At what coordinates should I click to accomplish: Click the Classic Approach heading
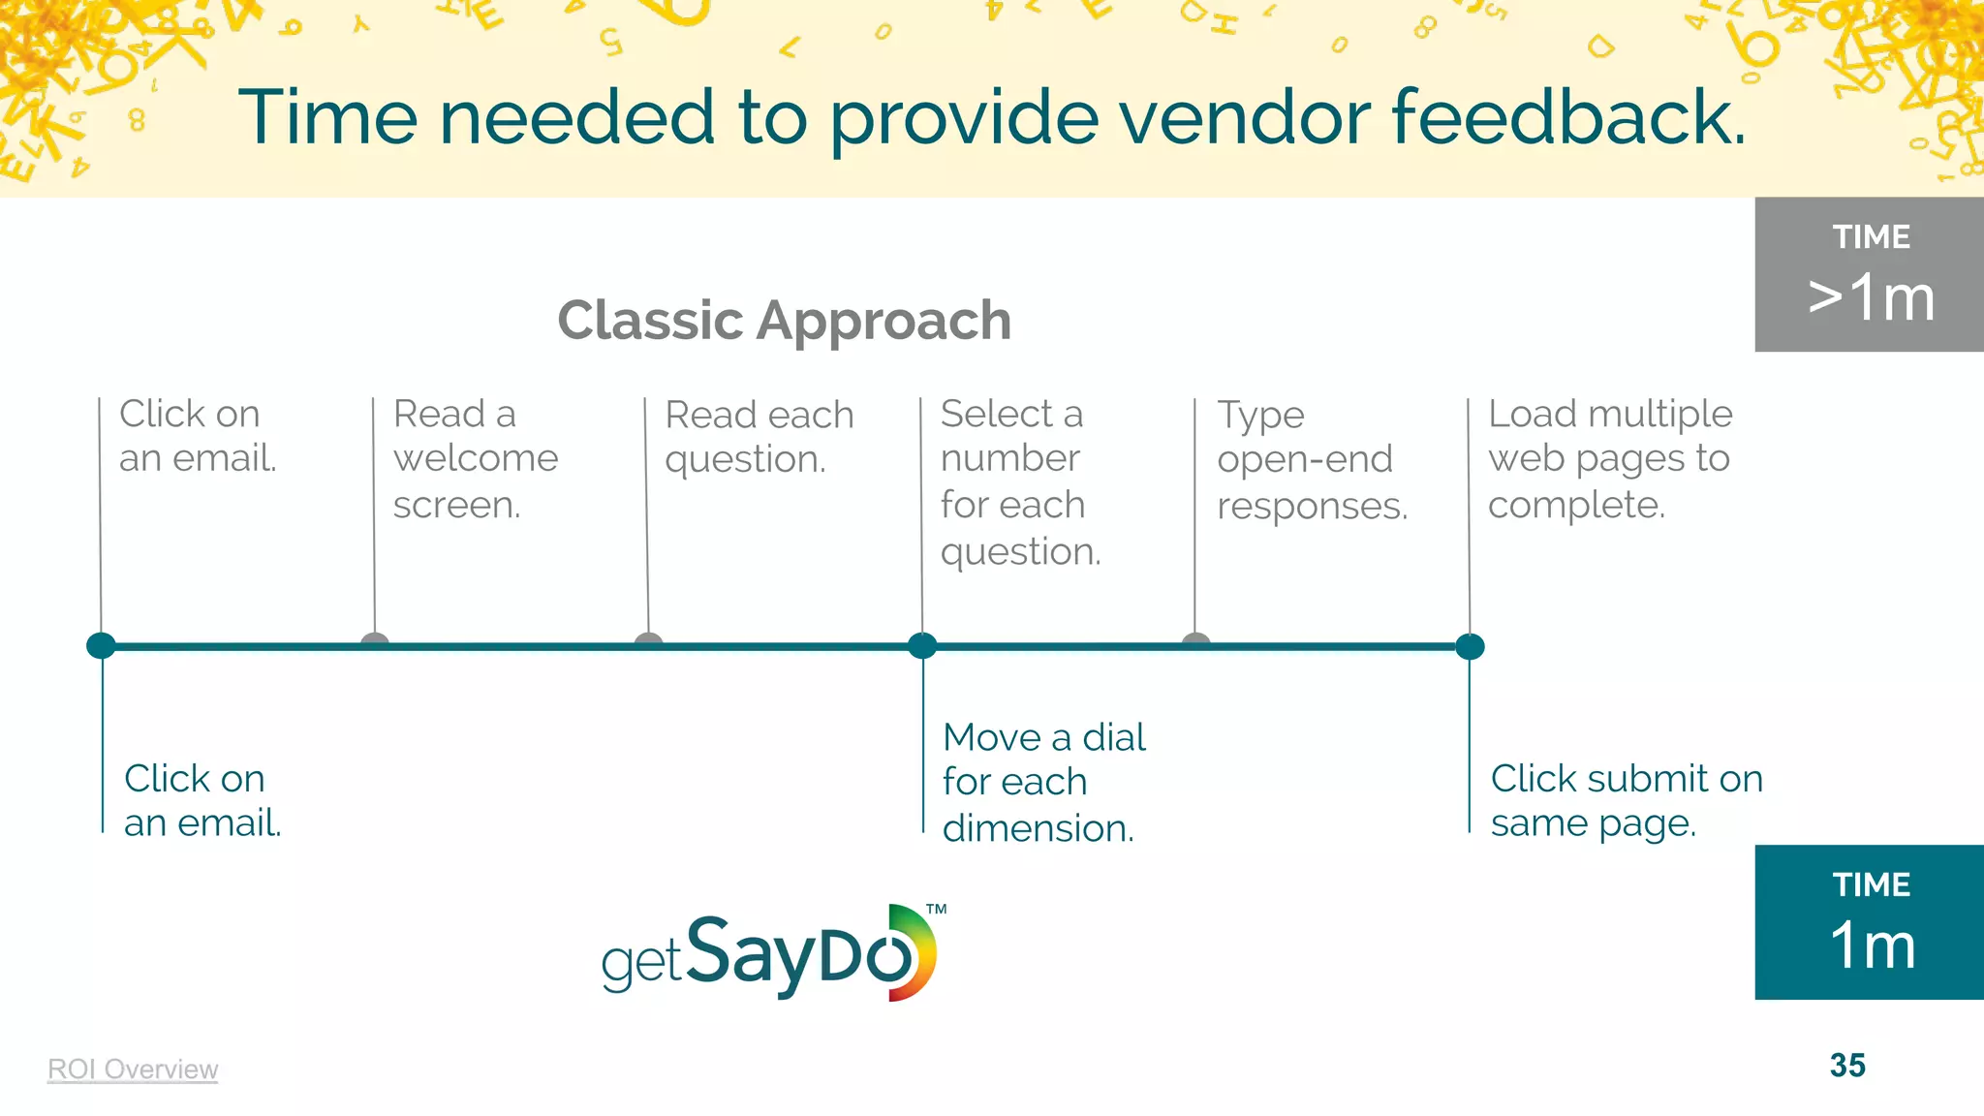click(x=784, y=321)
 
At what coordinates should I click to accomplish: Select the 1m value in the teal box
click(x=1872, y=945)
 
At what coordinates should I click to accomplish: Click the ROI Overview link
click(x=133, y=1069)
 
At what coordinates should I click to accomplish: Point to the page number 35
click(x=1847, y=1066)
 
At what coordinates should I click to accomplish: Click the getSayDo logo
click(x=768, y=954)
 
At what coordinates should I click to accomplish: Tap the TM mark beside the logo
click(x=936, y=910)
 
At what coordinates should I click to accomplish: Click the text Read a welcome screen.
click(x=475, y=459)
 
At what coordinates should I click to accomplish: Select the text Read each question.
click(x=759, y=437)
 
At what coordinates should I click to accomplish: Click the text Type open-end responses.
click(x=1311, y=460)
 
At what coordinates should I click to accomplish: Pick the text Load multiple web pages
click(x=1609, y=459)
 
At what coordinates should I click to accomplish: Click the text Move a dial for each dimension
click(x=1042, y=783)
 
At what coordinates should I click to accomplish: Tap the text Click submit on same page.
click(x=1626, y=800)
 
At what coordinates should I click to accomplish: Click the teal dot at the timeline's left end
click(x=101, y=645)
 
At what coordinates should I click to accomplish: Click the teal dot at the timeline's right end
click(x=1470, y=646)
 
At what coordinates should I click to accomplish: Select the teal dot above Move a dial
click(x=922, y=645)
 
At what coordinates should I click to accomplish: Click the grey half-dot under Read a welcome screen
click(x=375, y=639)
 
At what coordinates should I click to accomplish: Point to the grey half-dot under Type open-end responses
click(x=1196, y=639)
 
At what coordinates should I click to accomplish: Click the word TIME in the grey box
click(x=1871, y=237)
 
